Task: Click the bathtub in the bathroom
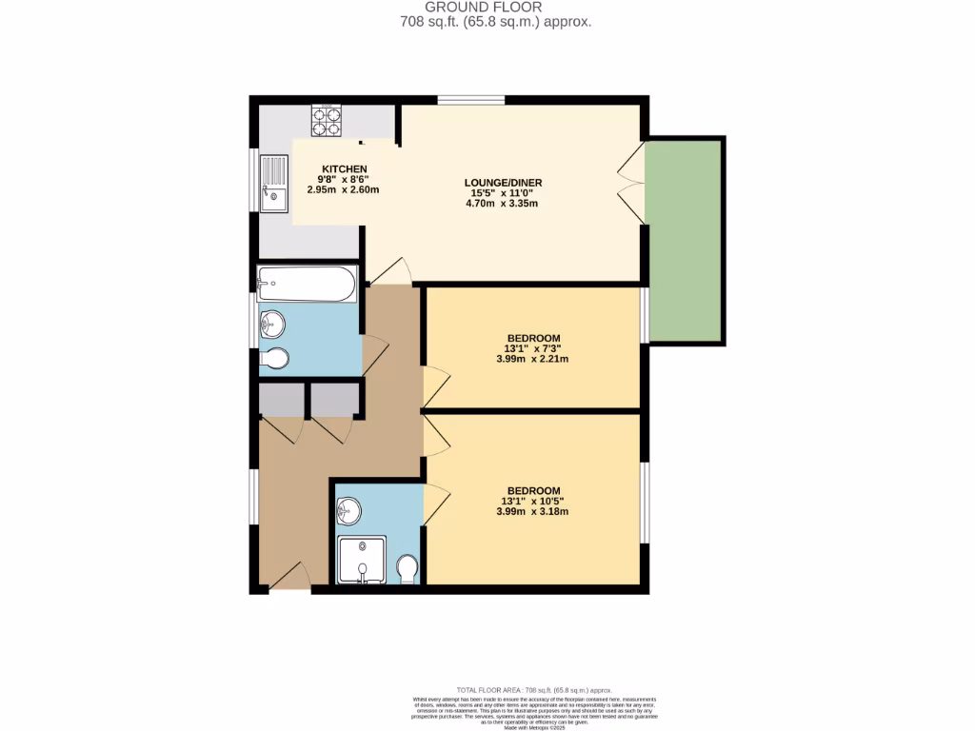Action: coord(307,284)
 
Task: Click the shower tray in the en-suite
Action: coord(362,561)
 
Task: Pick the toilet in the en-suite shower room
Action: coord(408,570)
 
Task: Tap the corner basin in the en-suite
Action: coord(349,511)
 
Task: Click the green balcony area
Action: coord(685,240)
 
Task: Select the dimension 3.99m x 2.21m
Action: coord(532,359)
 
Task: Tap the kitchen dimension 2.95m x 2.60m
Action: coord(343,189)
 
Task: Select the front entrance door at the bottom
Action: coord(289,579)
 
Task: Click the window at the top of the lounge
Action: coord(471,100)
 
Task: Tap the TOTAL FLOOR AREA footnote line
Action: coord(533,689)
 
